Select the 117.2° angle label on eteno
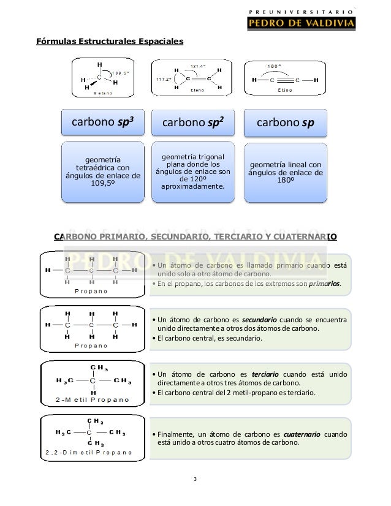point(161,79)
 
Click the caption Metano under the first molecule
point(102,94)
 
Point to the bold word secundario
point(259,319)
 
